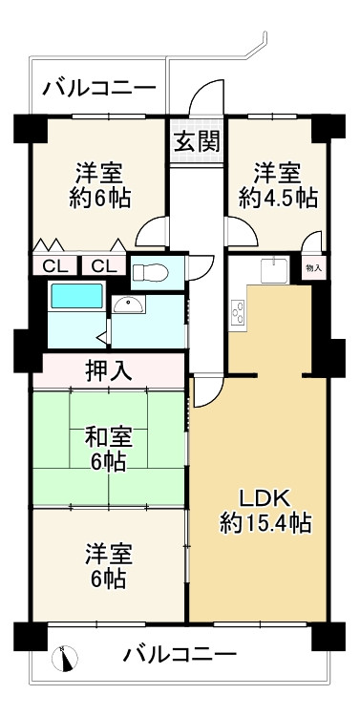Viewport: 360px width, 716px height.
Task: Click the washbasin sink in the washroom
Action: pos(128,305)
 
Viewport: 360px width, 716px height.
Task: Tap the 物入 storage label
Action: pos(313,269)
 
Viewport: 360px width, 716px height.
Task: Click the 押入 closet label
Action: pos(108,369)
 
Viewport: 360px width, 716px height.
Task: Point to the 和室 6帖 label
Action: pos(107,449)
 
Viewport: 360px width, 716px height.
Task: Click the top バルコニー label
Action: pos(98,90)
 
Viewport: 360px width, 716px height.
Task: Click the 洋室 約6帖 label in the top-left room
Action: pos(100,185)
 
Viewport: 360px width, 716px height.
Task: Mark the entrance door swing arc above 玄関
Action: pos(205,101)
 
